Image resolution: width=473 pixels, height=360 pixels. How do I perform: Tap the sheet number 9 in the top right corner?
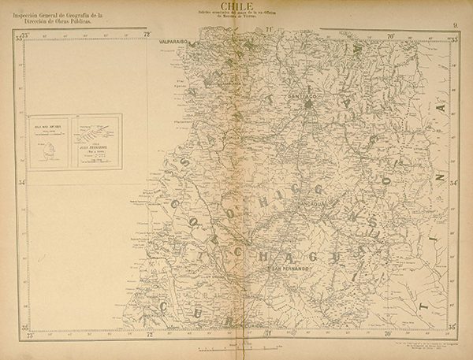point(456,26)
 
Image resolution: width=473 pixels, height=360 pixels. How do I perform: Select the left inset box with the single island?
point(50,142)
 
